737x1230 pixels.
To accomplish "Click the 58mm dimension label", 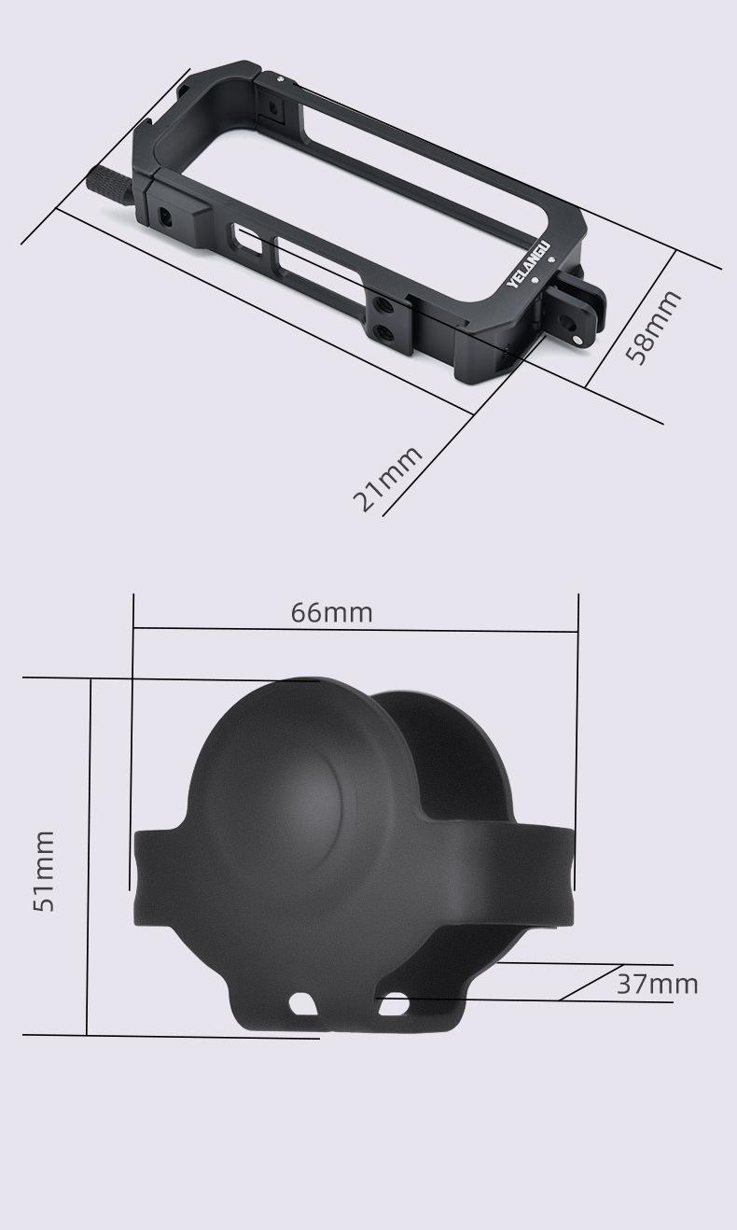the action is (653, 328).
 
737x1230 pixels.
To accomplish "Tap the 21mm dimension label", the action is (387, 479).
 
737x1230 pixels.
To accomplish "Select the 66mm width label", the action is (331, 613).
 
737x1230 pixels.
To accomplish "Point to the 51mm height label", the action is (44, 872).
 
